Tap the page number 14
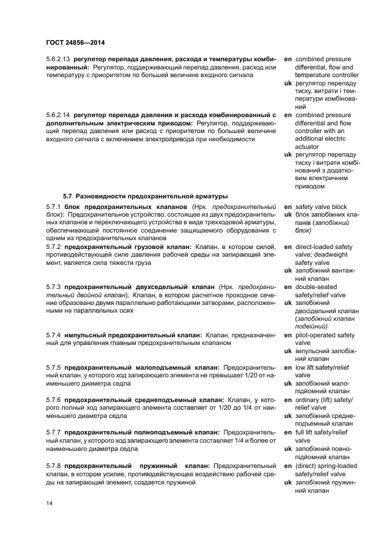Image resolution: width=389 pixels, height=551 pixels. click(50, 503)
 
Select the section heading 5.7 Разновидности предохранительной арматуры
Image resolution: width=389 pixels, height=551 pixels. click(145, 195)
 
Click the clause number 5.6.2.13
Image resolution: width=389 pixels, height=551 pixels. click(58, 59)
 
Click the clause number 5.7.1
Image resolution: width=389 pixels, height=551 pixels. click(54, 207)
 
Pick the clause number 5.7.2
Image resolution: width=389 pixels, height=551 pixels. click(54, 247)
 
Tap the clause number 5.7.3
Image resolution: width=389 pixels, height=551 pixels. click(54, 287)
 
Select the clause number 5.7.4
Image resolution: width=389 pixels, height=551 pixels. click(54, 335)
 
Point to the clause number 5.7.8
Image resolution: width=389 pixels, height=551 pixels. click(54, 465)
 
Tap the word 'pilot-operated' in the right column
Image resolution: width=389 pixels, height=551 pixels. click(317, 335)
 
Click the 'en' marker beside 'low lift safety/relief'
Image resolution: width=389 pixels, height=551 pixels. click(288, 367)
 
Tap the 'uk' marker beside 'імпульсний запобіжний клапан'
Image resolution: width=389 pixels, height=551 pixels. click(288, 351)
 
